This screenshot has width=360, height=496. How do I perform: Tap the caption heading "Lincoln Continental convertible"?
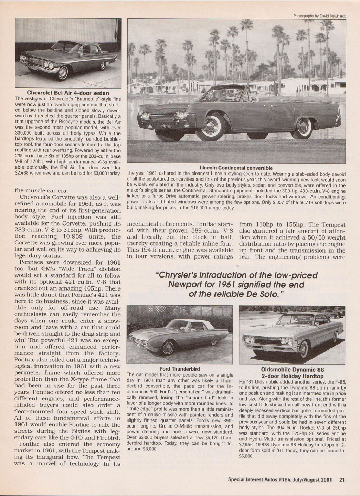click(x=236, y=168)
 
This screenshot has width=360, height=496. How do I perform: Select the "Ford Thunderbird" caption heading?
click(x=180, y=369)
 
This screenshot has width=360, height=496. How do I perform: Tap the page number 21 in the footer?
click(x=341, y=480)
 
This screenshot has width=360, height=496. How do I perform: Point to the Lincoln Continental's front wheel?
click(x=210, y=125)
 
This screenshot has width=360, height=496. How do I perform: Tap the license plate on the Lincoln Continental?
click(x=167, y=126)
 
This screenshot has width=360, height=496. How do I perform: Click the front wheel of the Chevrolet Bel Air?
click(x=64, y=73)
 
